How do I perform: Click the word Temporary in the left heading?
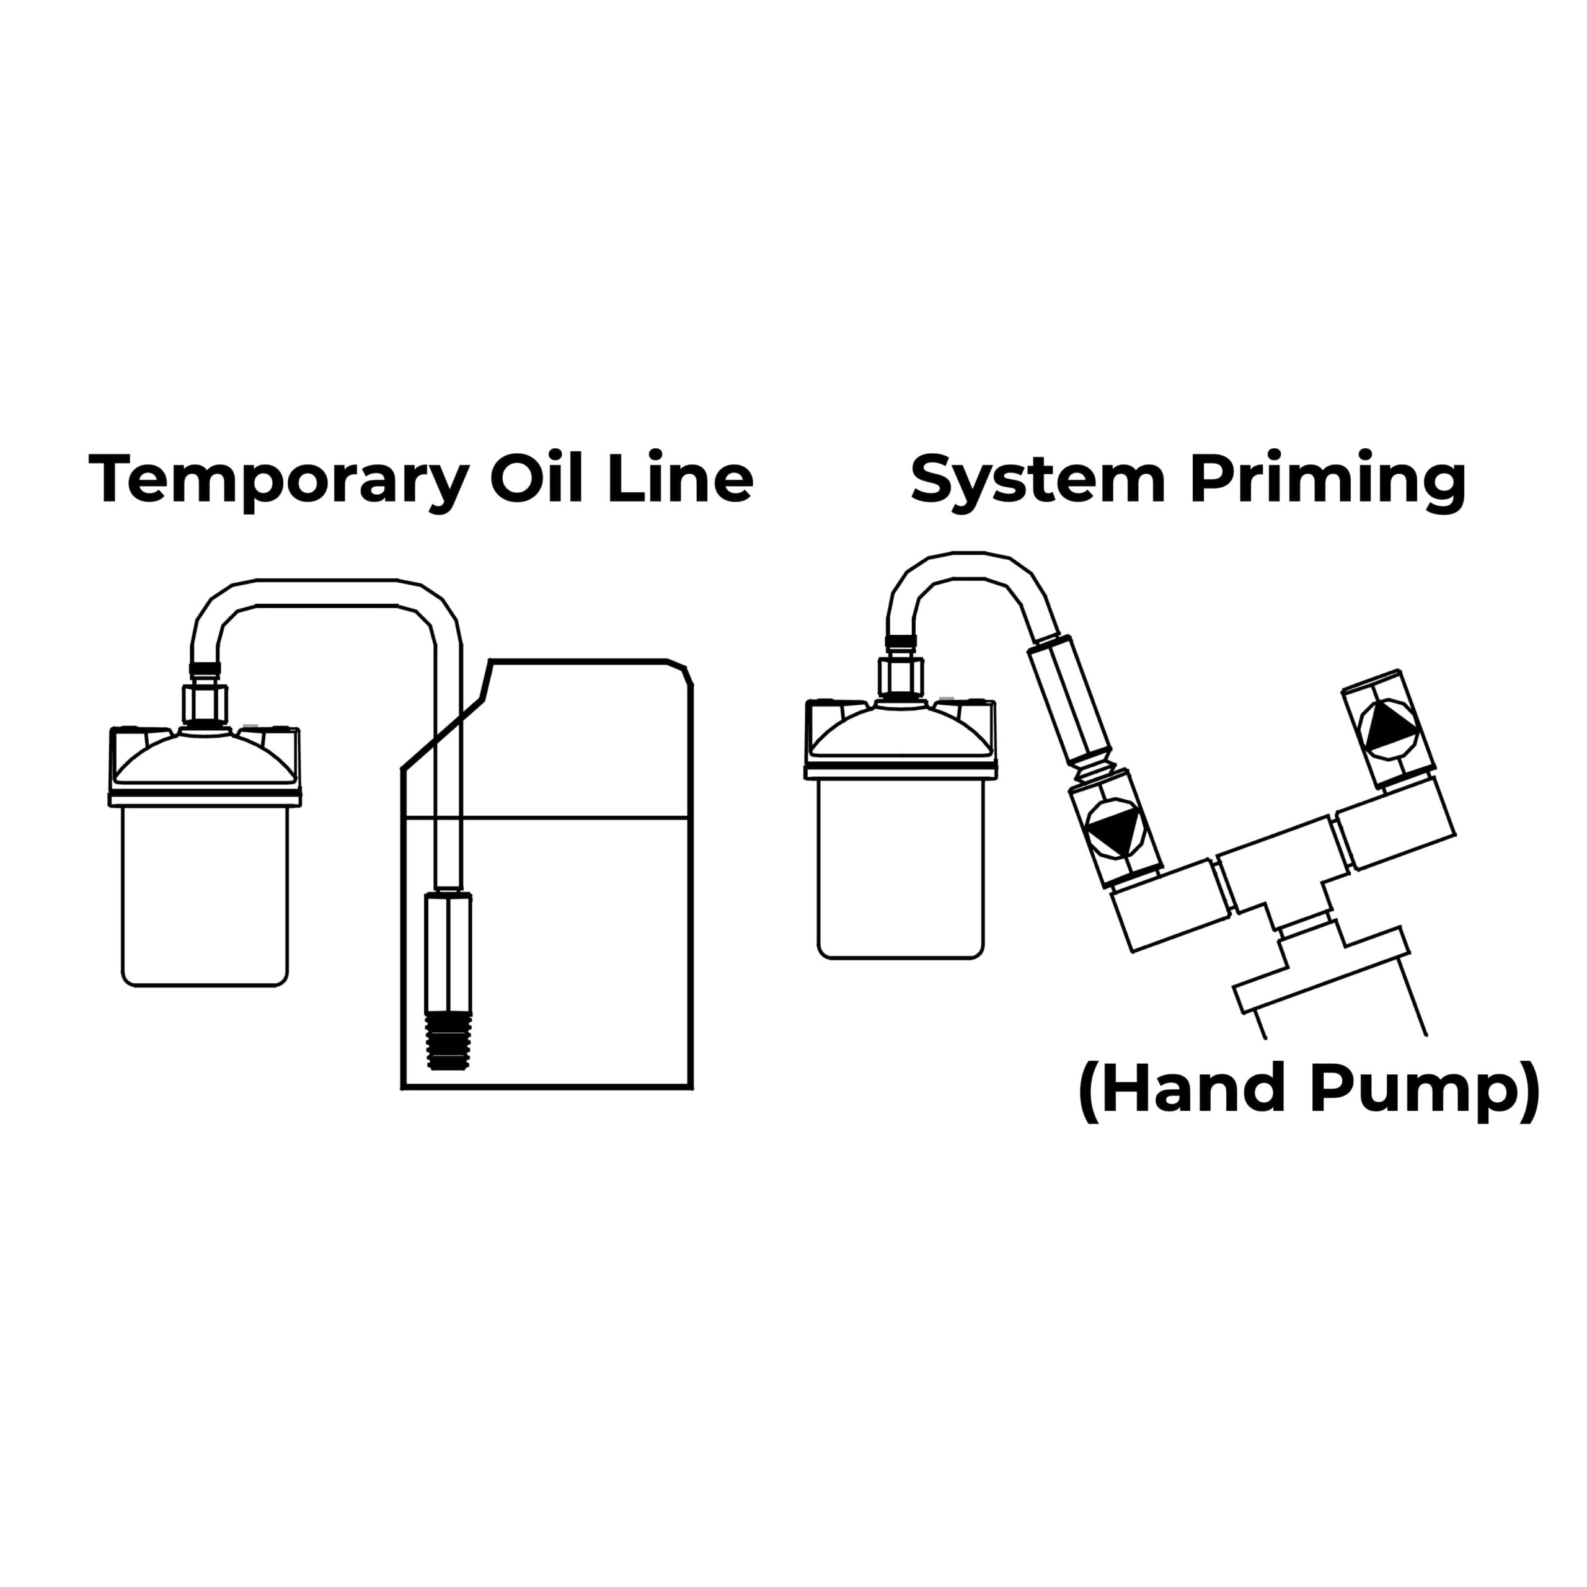coord(278,479)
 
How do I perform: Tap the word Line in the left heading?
coord(679,479)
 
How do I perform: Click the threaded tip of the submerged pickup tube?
coord(448,1041)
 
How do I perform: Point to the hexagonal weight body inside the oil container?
coord(448,953)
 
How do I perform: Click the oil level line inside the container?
coord(575,817)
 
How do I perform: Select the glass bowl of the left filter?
coord(205,895)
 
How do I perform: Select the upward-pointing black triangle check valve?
coord(1387,725)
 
